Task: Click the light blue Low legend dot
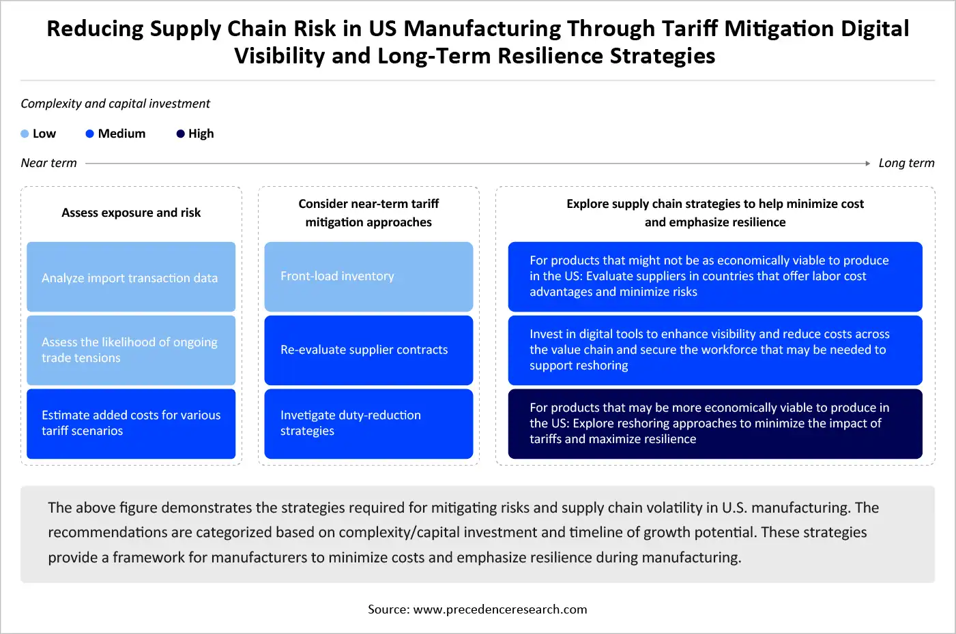25,134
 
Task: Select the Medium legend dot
89,134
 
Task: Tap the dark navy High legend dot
180,134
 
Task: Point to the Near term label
48,163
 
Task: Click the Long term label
906,163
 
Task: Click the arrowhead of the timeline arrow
867,164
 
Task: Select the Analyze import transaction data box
131,277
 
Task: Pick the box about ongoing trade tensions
131,350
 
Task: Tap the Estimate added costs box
131,423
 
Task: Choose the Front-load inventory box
368,277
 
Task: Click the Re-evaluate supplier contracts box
368,350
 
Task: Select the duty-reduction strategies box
368,423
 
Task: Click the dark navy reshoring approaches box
715,423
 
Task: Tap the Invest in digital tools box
715,350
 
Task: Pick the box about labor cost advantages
715,277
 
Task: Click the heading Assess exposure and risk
131,213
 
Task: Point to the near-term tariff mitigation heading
368,213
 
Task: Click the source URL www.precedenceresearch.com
500,609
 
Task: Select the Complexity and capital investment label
115,104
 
